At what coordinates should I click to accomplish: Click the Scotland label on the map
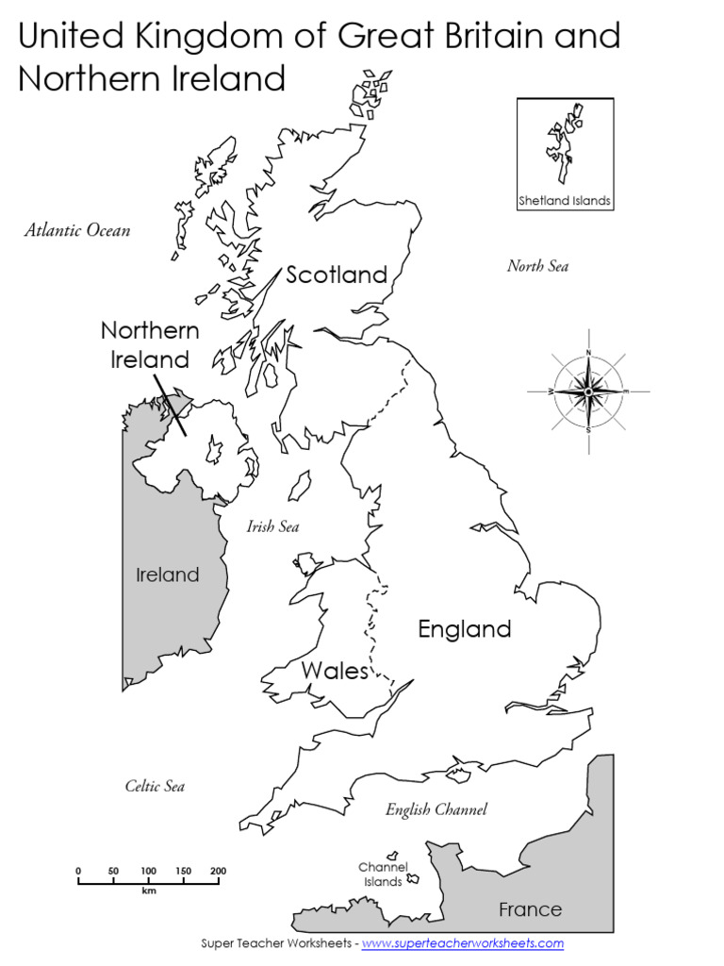click(x=337, y=275)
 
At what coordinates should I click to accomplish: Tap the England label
click(x=464, y=629)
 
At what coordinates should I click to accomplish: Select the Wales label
click(x=335, y=671)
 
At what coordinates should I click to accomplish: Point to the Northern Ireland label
click(x=150, y=344)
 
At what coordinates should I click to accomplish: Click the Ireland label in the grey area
click(x=168, y=575)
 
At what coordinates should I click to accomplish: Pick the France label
click(x=530, y=909)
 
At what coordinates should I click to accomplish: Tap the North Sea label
click(x=537, y=266)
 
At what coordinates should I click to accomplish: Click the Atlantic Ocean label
click(x=77, y=230)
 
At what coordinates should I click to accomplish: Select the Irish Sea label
click(x=272, y=526)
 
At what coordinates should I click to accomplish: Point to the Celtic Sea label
click(x=155, y=786)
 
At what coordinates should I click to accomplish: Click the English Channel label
click(x=436, y=809)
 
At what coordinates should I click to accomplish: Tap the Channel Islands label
click(x=383, y=874)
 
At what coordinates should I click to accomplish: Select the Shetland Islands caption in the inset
click(x=565, y=201)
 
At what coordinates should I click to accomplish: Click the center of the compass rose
click(x=588, y=391)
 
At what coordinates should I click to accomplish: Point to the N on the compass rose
click(x=588, y=353)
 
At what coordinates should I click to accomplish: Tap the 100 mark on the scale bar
click(x=149, y=871)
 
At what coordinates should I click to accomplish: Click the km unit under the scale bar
click(x=149, y=891)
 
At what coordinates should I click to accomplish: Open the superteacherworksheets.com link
click(x=462, y=943)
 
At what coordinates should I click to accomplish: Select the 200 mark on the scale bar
click(x=219, y=871)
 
